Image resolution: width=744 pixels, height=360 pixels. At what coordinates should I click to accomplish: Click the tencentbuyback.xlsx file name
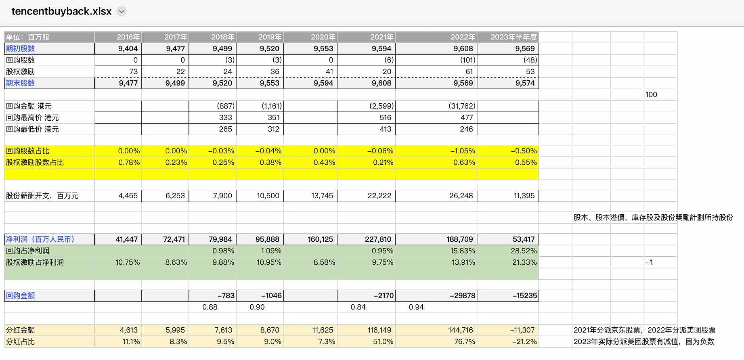tap(61, 11)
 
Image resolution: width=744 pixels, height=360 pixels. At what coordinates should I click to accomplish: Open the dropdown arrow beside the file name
tap(122, 12)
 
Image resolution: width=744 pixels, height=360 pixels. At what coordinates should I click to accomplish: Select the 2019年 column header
tap(270, 37)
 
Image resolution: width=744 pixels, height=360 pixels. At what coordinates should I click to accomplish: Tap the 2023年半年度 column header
tap(513, 37)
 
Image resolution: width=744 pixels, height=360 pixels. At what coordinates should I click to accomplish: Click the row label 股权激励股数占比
tap(35, 163)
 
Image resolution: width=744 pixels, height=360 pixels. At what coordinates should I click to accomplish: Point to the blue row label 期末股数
tap(20, 83)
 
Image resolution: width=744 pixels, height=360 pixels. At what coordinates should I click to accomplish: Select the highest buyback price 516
tap(385, 118)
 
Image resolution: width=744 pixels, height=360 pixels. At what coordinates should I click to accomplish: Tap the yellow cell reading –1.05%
tap(463, 151)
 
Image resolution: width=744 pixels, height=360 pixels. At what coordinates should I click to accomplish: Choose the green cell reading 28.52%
tap(524, 251)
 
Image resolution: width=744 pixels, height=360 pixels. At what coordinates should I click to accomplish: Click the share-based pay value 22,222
tap(379, 196)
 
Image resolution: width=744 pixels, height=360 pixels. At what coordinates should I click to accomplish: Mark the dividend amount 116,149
tap(379, 330)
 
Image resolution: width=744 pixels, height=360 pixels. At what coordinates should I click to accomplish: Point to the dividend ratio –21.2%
tap(524, 342)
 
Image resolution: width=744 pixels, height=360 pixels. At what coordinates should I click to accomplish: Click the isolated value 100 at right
tap(651, 95)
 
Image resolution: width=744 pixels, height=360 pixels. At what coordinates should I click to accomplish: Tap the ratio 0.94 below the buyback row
tap(416, 307)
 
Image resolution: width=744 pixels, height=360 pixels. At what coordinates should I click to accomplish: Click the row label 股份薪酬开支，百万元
tap(42, 196)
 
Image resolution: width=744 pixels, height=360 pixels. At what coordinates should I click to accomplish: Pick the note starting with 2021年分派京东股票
tap(644, 330)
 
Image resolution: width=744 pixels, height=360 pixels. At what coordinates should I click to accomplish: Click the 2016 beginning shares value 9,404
tap(128, 49)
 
